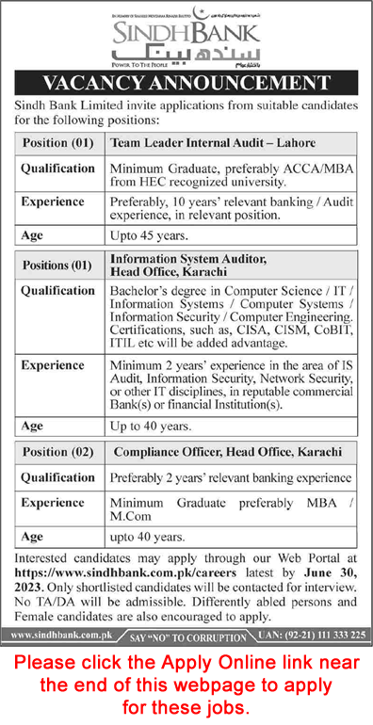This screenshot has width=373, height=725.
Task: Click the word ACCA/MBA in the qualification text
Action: pyautogui.click(x=299, y=168)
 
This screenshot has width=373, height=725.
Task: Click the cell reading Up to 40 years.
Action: pyautogui.click(x=142, y=425)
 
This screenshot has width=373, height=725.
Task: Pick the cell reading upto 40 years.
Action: pyautogui.click(x=139, y=536)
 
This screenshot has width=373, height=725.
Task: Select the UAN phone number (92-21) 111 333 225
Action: pyautogui.click(x=316, y=636)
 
